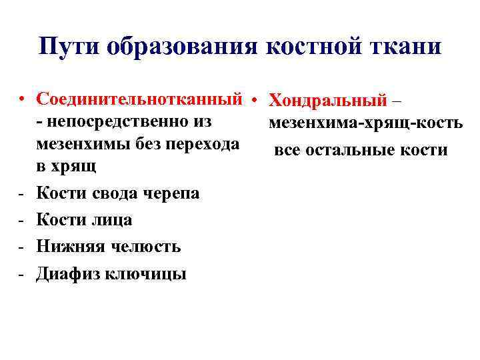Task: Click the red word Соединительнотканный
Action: click(139, 99)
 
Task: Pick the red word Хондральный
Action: click(327, 101)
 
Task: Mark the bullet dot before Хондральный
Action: click(255, 101)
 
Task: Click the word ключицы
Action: click(148, 273)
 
